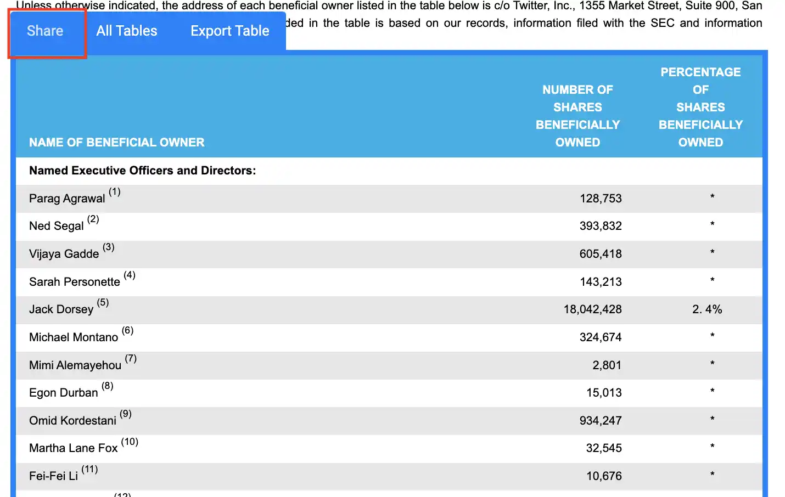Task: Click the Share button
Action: tap(45, 31)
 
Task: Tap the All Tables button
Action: tap(126, 31)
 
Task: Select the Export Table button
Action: tap(230, 31)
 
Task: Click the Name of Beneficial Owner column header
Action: tap(117, 142)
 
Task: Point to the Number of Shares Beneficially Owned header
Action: tap(577, 116)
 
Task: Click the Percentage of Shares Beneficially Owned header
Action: tap(700, 107)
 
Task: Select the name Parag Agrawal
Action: tap(67, 199)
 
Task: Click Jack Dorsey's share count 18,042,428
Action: tap(593, 309)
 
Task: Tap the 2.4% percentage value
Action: tap(707, 309)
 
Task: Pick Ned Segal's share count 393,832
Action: tap(601, 226)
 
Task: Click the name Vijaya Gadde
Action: tap(64, 253)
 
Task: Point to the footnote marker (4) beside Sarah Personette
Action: tap(130, 275)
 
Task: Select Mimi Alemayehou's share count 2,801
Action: tap(607, 365)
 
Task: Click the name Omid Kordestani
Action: tap(72, 420)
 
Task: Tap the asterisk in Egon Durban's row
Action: tap(712, 391)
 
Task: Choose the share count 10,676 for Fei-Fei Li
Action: tap(604, 476)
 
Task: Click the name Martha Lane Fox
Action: tap(73, 448)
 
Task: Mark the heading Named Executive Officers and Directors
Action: tap(143, 171)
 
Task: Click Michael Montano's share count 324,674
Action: tap(601, 337)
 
